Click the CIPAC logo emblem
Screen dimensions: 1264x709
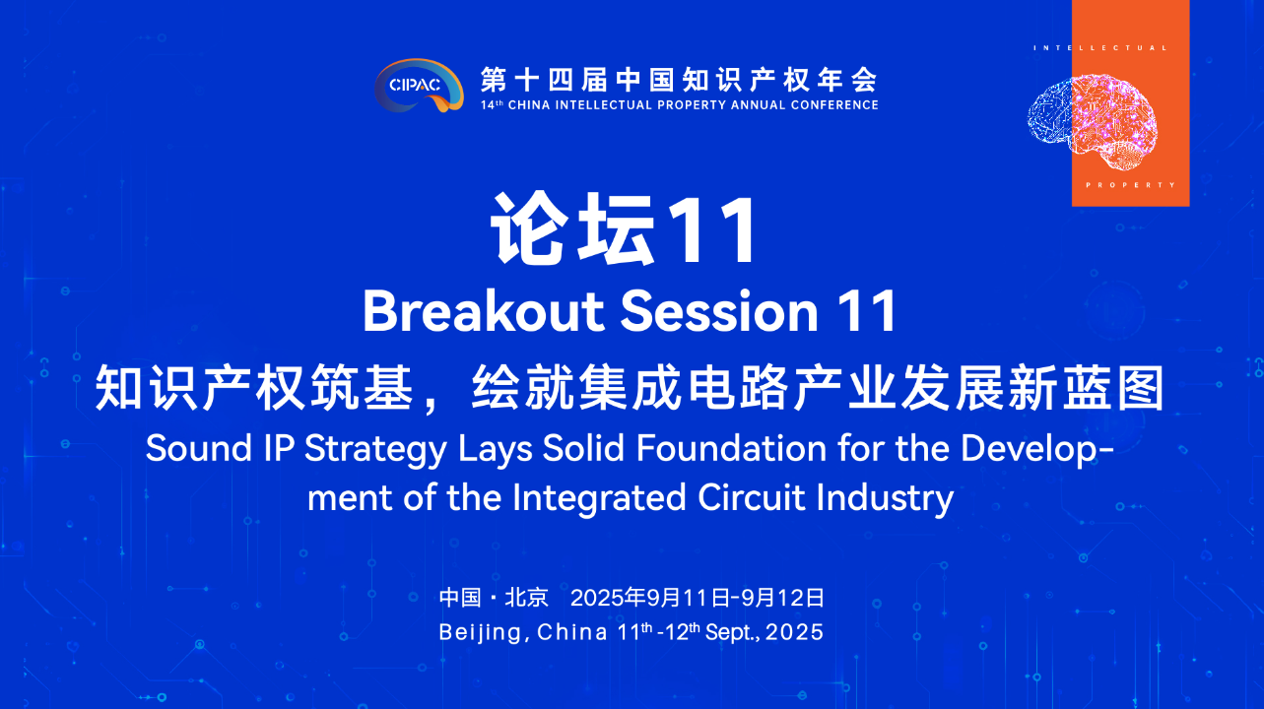click(419, 85)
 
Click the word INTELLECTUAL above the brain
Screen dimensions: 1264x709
click(1100, 48)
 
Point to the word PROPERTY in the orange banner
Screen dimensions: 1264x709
click(1131, 185)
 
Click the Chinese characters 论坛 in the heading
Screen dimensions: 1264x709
click(573, 228)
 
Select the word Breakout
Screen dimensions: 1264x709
click(484, 311)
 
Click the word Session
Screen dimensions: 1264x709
click(719, 311)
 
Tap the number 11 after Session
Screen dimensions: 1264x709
click(867, 311)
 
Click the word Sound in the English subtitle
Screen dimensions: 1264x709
click(199, 448)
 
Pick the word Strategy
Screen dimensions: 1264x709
click(375, 450)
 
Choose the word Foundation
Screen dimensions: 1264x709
click(732, 448)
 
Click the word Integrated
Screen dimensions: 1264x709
click(599, 499)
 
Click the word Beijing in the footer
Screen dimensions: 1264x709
click(480, 633)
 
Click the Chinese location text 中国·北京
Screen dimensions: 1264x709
click(494, 598)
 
